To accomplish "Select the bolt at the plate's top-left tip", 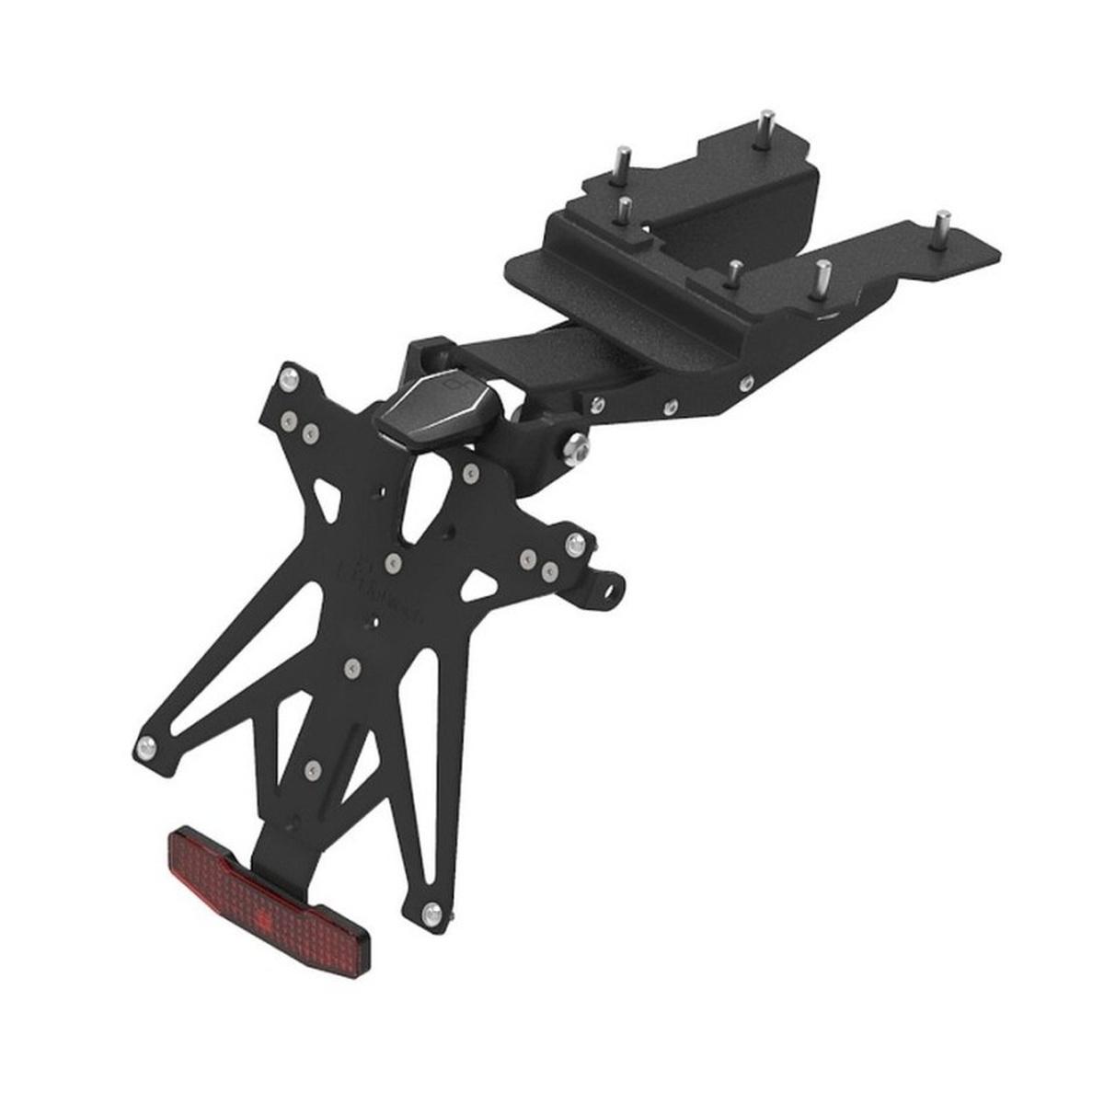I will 290,376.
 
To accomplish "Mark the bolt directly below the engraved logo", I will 351,663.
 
